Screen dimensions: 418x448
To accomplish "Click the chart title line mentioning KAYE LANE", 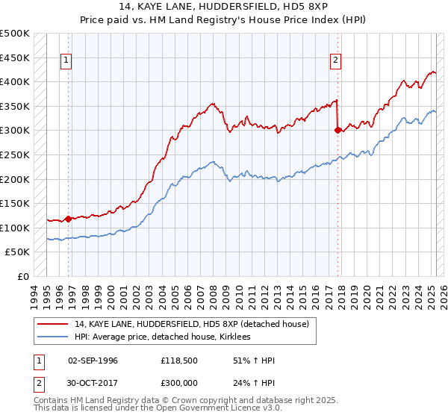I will [x=224, y=9].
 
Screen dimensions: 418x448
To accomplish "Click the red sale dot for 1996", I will [x=68, y=219].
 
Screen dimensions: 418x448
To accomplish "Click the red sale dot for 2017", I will [x=337, y=130].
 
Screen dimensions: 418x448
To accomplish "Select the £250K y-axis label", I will [x=15, y=155].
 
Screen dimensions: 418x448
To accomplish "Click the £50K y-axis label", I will [x=18, y=252].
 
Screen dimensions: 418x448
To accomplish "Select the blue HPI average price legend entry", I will [x=162, y=337].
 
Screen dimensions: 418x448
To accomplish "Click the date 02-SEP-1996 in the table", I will [x=93, y=361].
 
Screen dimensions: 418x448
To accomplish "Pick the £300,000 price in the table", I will [x=180, y=384].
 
